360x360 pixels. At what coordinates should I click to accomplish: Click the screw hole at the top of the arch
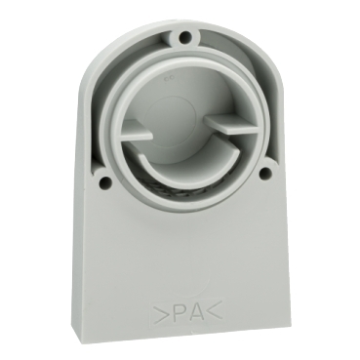186,37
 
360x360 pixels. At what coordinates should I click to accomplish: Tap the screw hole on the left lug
104,182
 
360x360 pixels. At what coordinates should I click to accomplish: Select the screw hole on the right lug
265,174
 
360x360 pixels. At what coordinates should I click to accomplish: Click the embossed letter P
176,313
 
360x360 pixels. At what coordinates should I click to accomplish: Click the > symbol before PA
160,314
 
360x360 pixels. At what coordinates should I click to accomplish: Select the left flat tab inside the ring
138,130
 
